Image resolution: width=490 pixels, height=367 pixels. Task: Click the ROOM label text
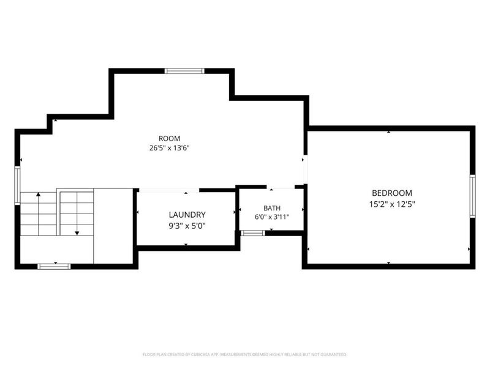170,138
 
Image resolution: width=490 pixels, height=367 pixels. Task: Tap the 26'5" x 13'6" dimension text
170,148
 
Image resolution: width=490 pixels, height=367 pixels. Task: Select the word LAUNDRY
187,215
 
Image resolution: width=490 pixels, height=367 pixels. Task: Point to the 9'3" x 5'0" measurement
187,226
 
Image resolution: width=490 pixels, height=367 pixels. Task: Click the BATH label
272,208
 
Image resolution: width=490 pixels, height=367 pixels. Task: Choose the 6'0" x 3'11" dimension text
272,217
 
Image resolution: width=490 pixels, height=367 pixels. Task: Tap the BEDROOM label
392,193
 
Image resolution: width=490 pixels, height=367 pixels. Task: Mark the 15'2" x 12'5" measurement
392,204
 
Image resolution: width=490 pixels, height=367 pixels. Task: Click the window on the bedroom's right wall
472,196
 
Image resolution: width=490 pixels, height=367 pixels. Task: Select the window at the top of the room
185,71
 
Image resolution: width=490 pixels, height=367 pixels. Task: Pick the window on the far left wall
18,185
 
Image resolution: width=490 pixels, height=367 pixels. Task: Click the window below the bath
253,233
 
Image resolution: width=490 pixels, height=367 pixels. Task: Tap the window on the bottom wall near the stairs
54,267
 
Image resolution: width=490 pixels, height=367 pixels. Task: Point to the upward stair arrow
39,214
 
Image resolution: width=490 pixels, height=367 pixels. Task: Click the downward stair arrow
77,213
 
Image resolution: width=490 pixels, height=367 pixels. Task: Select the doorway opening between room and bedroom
306,169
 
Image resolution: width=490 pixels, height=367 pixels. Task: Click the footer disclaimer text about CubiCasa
244,355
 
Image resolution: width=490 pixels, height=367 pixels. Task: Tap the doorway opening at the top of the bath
281,187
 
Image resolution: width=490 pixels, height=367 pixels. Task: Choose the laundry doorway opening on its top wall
169,190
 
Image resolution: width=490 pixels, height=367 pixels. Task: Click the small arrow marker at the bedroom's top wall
388,132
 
